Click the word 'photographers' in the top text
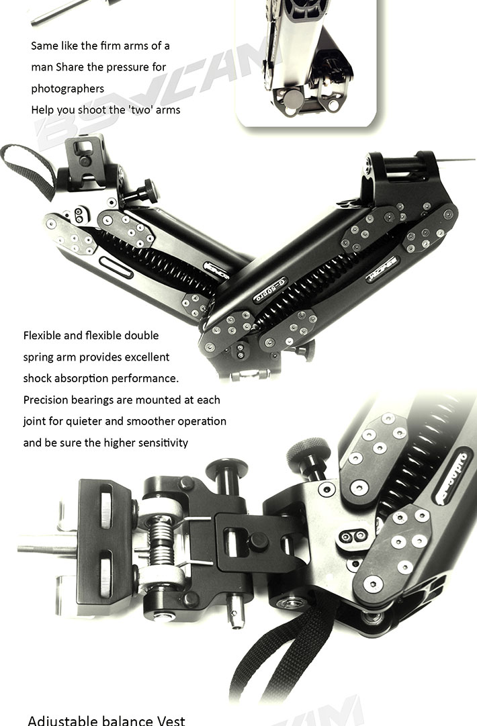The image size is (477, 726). (68, 89)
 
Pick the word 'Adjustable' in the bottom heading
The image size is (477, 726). (62, 721)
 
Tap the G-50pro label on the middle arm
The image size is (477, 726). (270, 290)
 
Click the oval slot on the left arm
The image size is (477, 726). (116, 267)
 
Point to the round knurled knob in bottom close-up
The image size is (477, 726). (308, 451)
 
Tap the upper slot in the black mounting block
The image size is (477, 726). (105, 506)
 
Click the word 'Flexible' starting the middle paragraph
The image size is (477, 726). (41, 335)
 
